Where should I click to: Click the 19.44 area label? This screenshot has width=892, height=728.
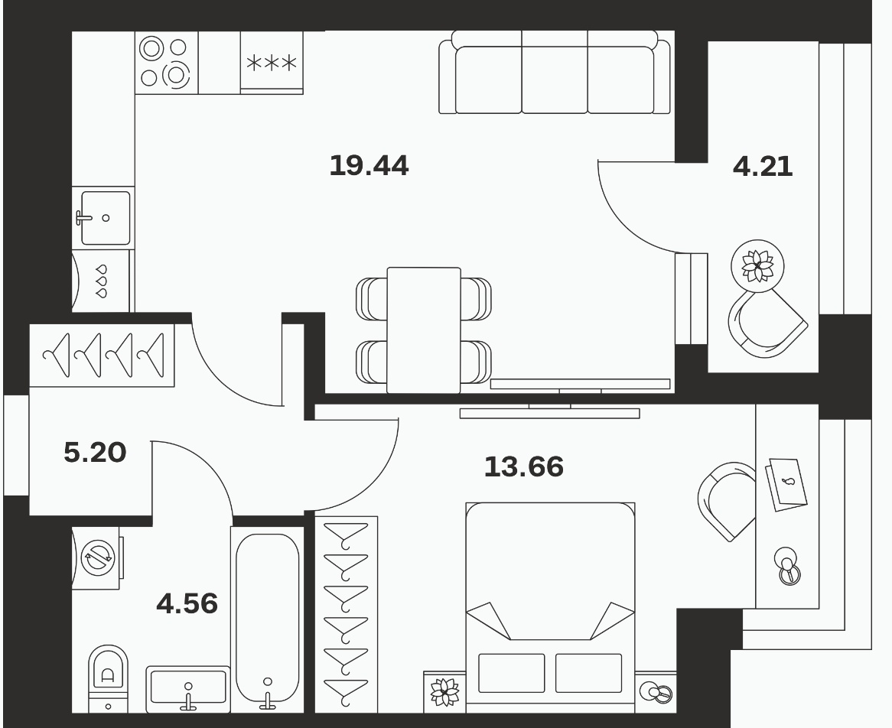tap(369, 165)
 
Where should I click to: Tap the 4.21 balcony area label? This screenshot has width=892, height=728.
tap(762, 167)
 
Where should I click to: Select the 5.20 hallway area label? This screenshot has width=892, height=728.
tap(95, 453)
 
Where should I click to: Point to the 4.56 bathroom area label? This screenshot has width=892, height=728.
tap(187, 603)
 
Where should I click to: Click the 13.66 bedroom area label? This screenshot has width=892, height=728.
tap(524, 466)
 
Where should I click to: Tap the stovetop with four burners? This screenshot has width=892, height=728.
tap(166, 62)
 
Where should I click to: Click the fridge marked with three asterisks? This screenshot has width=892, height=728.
tap(272, 62)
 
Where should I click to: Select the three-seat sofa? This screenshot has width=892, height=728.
tap(555, 72)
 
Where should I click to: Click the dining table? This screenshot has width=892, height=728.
tap(424, 330)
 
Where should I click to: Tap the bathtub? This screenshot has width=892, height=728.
tap(268, 619)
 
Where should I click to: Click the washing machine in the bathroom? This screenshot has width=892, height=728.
tap(96, 558)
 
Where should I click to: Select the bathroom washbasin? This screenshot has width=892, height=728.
tap(188, 688)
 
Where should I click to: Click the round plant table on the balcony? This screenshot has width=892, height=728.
tap(758, 265)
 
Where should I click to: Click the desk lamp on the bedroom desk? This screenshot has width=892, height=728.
tap(788, 566)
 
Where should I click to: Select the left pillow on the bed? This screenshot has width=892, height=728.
tap(512, 673)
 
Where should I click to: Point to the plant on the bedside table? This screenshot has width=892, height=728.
tap(444, 691)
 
